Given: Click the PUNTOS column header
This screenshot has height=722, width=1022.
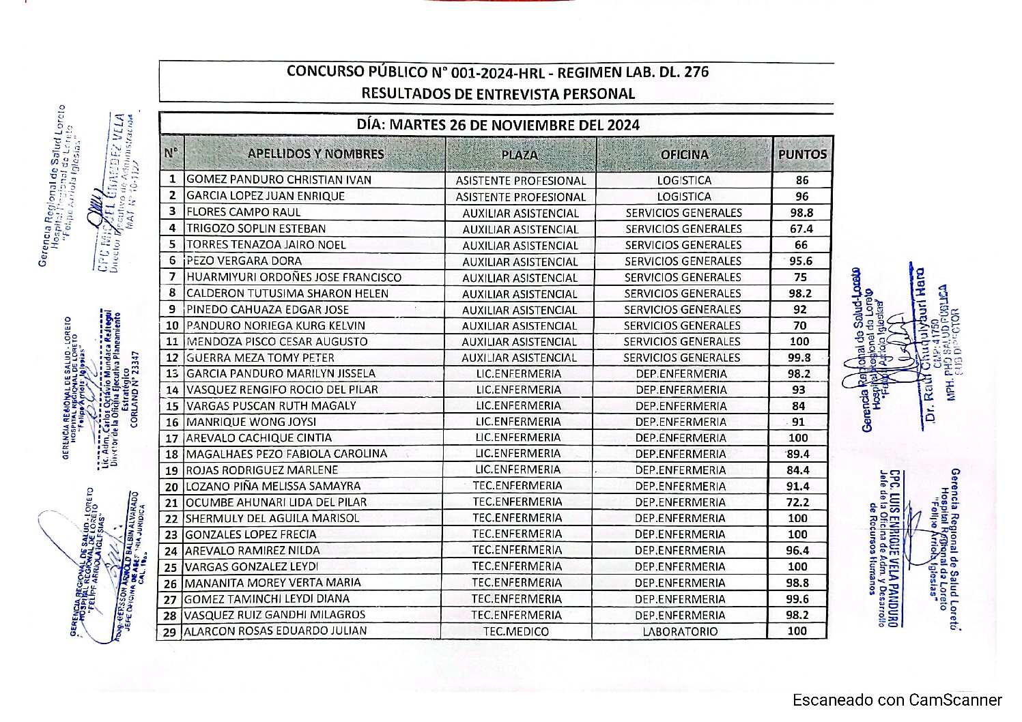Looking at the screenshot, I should (x=802, y=154).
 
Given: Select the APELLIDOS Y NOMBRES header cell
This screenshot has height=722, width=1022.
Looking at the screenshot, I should (x=315, y=154).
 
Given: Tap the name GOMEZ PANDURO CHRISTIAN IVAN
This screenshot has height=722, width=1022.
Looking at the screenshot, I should (x=279, y=180).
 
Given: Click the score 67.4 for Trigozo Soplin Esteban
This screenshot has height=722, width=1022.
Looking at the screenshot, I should (x=801, y=229).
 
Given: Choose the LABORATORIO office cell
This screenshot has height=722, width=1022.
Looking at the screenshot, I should (x=680, y=631).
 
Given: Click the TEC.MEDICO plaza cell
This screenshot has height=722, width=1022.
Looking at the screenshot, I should (x=516, y=631).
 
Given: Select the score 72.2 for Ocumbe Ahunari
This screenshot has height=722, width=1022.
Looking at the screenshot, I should (x=797, y=502).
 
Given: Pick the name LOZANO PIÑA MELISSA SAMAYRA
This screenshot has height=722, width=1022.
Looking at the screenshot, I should (x=273, y=486).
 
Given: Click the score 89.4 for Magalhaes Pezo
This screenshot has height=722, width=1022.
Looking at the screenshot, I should (x=798, y=454).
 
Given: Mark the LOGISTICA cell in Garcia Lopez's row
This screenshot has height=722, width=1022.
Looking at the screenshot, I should (x=684, y=197).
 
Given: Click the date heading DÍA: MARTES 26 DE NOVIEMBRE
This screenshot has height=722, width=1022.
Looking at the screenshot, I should (x=498, y=125).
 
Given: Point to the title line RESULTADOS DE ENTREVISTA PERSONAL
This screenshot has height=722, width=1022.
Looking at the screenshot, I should (x=498, y=93).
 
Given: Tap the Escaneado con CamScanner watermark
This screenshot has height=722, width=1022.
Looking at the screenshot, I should (x=897, y=700).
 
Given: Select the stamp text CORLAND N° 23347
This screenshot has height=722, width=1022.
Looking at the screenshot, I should (x=134, y=390).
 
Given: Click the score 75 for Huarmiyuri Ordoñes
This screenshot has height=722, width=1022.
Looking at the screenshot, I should (x=800, y=277).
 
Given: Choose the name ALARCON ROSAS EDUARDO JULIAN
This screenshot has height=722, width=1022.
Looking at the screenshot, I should (x=276, y=631).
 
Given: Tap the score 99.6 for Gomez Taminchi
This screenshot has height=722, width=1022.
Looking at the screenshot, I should (x=797, y=599).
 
